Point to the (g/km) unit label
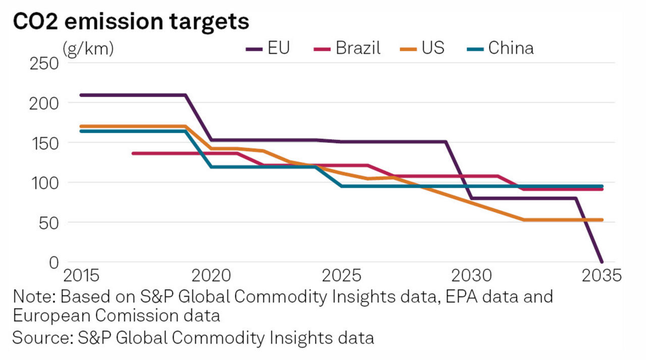(x=88, y=49)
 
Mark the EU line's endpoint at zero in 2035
(x=602, y=262)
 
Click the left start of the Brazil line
(x=133, y=153)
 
